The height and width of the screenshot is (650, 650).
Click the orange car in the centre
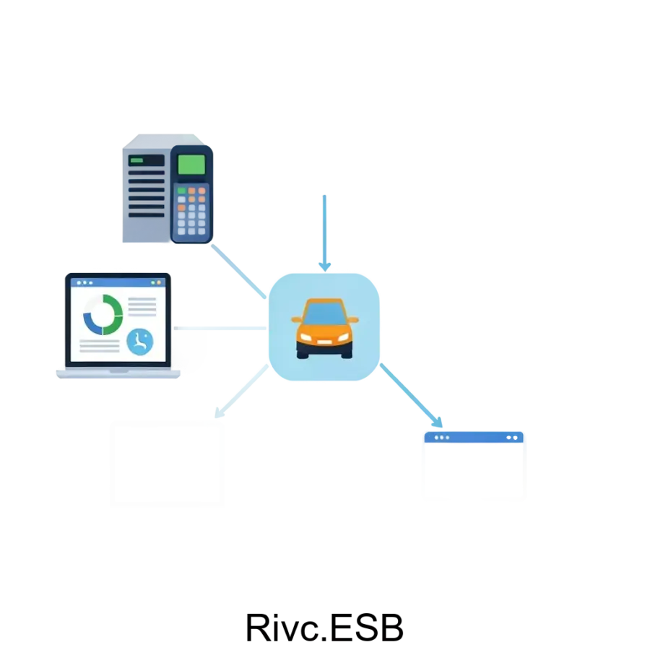coord(324,329)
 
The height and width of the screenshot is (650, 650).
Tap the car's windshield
coord(324,313)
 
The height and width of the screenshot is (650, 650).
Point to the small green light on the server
coord(136,160)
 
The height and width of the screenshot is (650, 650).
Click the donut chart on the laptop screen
coord(103,314)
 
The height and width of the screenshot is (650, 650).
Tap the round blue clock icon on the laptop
coord(140,341)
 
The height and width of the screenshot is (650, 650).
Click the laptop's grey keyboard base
coord(119,373)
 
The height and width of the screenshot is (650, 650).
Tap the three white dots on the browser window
coord(441,438)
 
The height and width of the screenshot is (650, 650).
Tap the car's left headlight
coord(306,337)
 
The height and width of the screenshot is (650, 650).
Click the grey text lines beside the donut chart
coord(142,306)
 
